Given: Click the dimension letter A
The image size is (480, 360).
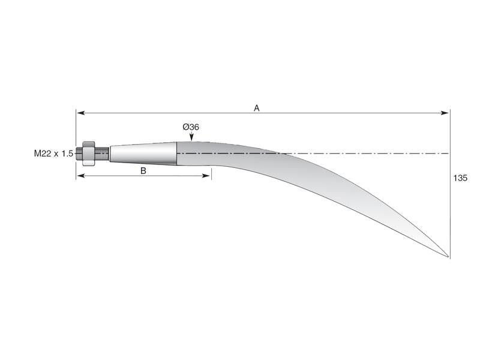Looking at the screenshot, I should point(256,108).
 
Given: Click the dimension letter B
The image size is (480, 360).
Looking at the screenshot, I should point(143,170).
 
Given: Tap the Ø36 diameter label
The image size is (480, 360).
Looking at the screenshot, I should point(191,127).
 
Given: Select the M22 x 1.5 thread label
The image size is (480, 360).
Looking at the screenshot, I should point(53,154).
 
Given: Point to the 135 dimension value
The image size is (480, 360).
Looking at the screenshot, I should point(460,178).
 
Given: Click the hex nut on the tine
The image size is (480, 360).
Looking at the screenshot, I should point(88,153).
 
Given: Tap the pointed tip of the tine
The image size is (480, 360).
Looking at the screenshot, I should point(448,257).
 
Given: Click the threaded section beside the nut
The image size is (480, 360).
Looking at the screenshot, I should point(102,153).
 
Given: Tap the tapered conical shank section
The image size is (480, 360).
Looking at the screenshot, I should point(143,153).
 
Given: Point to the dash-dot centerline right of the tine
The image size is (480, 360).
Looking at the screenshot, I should point(372,154).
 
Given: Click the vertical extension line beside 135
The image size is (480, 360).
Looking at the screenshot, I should point(449,198).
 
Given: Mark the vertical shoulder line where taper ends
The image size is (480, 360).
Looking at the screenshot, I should point(177,153).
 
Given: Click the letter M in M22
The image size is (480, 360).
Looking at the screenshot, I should point(38,154).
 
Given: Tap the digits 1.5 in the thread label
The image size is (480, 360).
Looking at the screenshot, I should point(67,154).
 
